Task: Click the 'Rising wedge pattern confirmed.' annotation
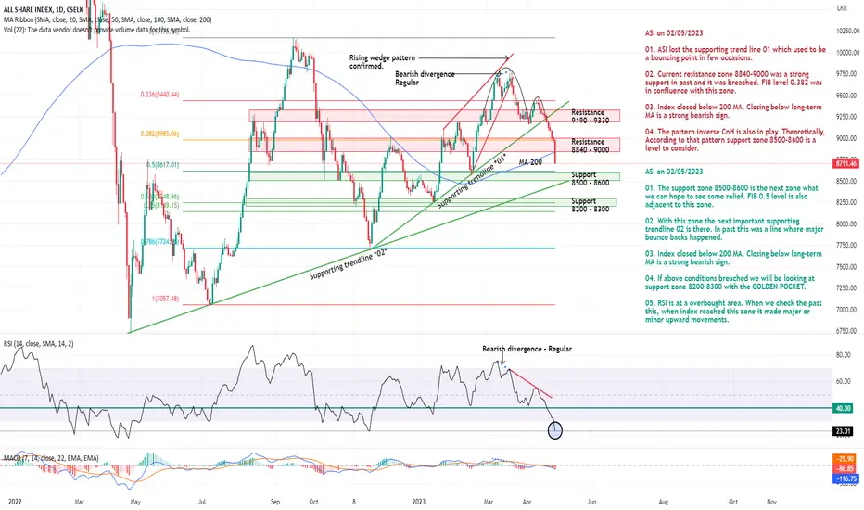pos(382,61)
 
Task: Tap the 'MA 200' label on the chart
pos(531,163)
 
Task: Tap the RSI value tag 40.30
pos(843,407)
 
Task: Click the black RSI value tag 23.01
pos(843,430)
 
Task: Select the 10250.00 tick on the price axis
pos(843,31)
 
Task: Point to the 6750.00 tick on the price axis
pos(843,331)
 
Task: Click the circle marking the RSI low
pos(555,429)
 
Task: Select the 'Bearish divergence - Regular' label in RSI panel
pos(527,349)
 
